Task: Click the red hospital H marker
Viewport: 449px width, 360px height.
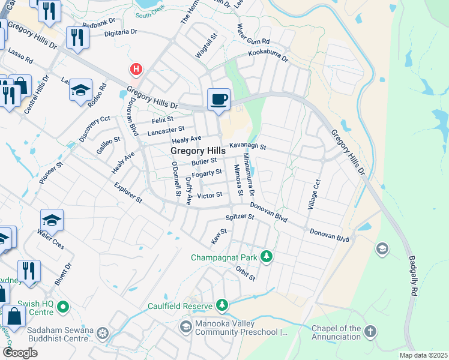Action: pyautogui.click(x=136, y=69)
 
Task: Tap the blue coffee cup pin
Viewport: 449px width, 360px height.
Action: pyautogui.click(x=219, y=98)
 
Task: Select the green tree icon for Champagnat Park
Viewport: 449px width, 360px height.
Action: pyautogui.click(x=267, y=257)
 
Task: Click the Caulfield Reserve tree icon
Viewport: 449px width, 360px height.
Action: pyautogui.click(x=223, y=306)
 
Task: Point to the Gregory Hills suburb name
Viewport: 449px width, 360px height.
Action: pyautogui.click(x=198, y=151)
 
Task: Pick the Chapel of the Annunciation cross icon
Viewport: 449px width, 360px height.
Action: pyautogui.click(x=370, y=332)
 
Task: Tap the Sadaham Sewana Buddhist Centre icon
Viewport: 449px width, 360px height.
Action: pyautogui.click(x=103, y=333)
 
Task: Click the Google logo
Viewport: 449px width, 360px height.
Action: pyautogui.click(x=20, y=352)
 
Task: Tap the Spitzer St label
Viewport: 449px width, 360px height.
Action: pyautogui.click(x=240, y=217)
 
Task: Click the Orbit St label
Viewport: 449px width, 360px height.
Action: pyautogui.click(x=246, y=274)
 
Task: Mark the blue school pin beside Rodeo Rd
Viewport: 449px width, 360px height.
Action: pyautogui.click(x=80, y=90)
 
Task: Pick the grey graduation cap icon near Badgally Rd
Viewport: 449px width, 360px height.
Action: pyautogui.click(x=382, y=248)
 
